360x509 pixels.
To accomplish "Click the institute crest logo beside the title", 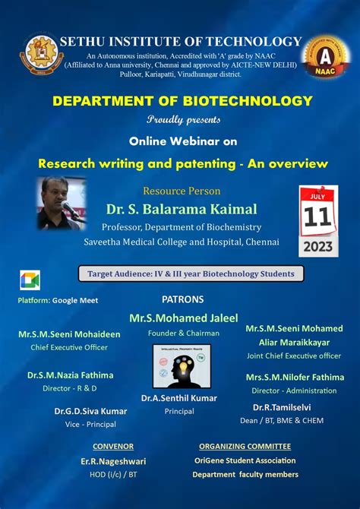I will [41, 55].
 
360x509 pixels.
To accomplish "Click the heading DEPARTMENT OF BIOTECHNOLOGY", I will [182, 101].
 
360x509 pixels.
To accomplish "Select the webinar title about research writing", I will [183, 163].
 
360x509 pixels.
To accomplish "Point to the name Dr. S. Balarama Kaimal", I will [182, 209].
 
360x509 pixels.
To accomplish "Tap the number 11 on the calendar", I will [318, 217].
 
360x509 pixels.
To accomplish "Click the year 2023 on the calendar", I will [318, 245].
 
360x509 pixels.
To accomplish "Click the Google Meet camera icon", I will [30, 280].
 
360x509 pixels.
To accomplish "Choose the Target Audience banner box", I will [191, 273].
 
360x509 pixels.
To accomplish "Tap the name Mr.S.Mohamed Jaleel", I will [183, 318].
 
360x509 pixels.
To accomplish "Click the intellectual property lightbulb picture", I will [182, 366].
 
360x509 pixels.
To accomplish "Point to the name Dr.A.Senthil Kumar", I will [179, 398].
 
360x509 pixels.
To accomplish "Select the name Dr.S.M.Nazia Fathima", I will [71, 375].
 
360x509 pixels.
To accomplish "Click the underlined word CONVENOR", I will [113, 447].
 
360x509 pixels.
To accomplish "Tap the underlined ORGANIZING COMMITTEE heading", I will [245, 447].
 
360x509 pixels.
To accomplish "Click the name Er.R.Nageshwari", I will [113, 461].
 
